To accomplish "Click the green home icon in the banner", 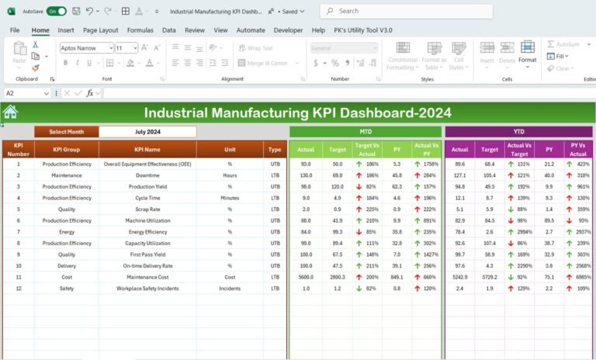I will [x=10, y=112].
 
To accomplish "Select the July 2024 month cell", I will [x=147, y=132].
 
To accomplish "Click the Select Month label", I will [x=67, y=132].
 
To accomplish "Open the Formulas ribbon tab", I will [x=140, y=30].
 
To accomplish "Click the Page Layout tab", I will [x=100, y=30].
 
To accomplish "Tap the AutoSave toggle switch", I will [x=56, y=12].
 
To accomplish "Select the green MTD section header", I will [x=365, y=132].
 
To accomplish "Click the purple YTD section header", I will [x=518, y=132].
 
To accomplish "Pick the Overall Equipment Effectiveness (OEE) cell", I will [x=147, y=164].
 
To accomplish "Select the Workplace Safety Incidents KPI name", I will [x=147, y=289].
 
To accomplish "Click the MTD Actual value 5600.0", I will [x=306, y=277].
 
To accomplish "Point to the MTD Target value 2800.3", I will [x=337, y=277].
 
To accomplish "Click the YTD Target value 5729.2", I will [x=490, y=277].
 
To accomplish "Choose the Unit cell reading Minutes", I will [x=230, y=198].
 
